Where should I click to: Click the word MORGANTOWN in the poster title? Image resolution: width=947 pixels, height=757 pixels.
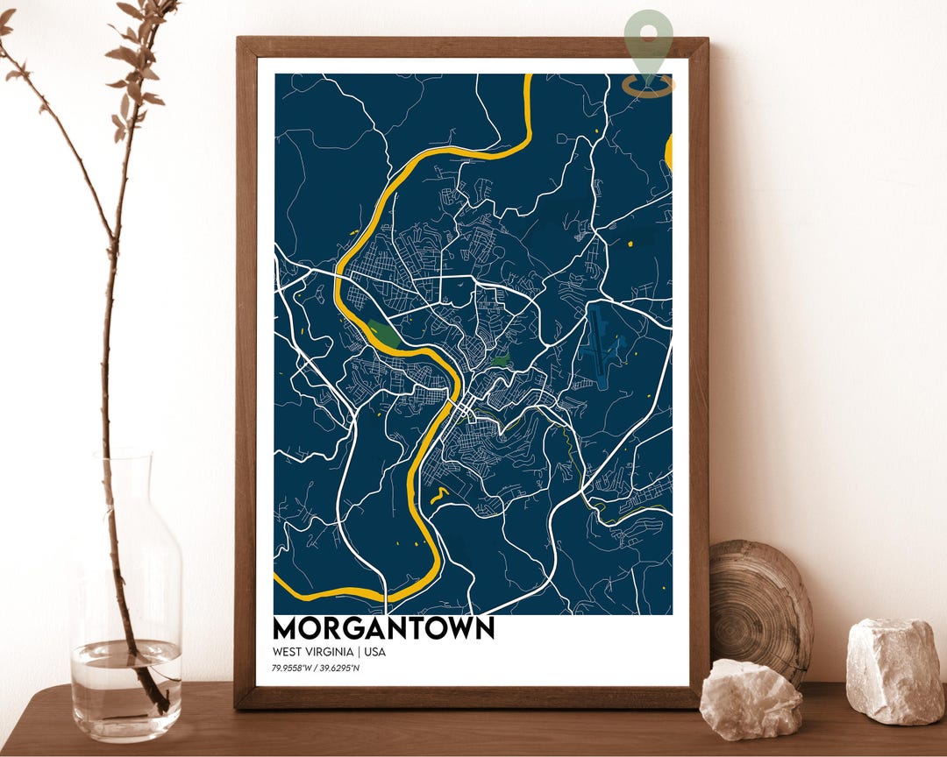(x=383, y=628)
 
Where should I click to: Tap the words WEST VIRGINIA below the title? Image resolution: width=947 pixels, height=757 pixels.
(x=312, y=652)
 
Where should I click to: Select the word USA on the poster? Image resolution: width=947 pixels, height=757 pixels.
(x=374, y=652)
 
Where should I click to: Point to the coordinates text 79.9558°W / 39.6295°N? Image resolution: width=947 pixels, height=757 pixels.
(x=316, y=669)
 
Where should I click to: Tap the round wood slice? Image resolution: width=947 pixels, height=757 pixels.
(x=760, y=605)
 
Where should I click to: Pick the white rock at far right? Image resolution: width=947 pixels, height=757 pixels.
(x=894, y=670)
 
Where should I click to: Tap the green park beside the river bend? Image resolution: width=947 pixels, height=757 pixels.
(x=384, y=333)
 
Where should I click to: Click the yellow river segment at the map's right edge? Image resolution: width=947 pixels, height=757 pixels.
(x=668, y=152)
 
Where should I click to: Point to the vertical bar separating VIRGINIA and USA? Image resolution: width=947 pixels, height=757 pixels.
(x=359, y=652)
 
